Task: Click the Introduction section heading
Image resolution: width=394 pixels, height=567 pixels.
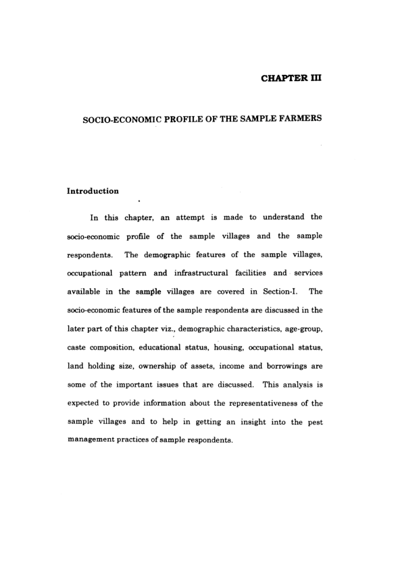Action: point(93,191)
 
